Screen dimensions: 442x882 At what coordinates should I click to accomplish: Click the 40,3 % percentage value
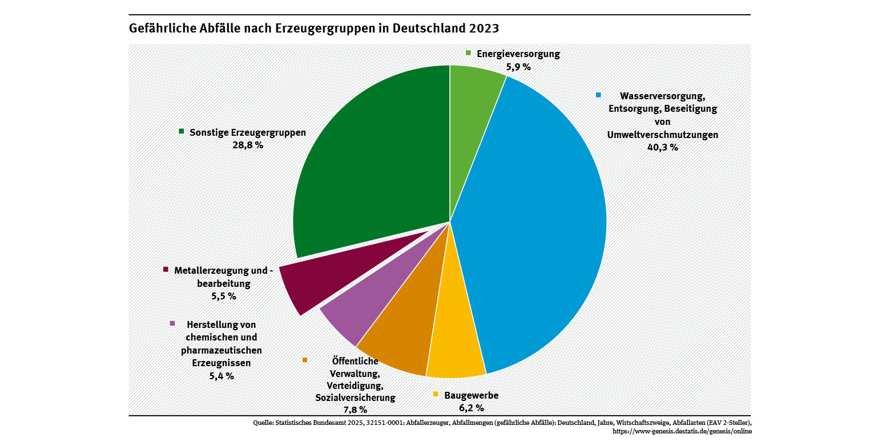click(x=662, y=148)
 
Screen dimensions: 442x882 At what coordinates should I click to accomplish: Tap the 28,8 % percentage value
click(x=248, y=145)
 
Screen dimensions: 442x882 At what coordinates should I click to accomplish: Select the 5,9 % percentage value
click(x=518, y=67)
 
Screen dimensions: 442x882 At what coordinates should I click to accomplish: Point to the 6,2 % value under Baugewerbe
click(x=471, y=408)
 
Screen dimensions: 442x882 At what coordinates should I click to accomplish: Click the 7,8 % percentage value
click(x=355, y=409)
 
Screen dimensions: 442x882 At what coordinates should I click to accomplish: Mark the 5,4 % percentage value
click(x=221, y=376)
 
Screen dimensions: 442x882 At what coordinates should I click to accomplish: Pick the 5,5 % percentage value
click(x=223, y=296)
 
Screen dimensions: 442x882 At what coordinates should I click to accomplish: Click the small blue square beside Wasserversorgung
click(x=599, y=95)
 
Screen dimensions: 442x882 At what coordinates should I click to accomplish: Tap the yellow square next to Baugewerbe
click(x=436, y=394)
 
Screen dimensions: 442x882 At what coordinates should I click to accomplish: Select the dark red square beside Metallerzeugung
click(x=166, y=269)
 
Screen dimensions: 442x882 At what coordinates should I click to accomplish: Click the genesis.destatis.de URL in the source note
click(x=682, y=431)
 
